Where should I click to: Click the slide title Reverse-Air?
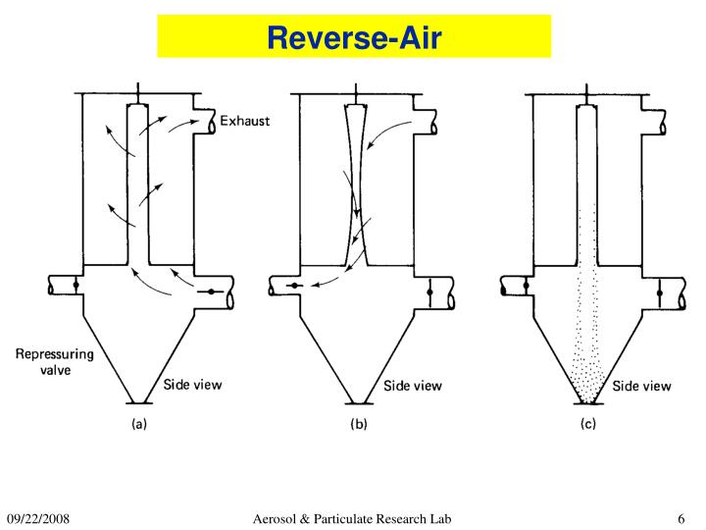[x=354, y=38]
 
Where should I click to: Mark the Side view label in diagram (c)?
[x=643, y=387]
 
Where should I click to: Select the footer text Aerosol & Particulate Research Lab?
[x=353, y=517]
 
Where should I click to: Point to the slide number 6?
[x=680, y=517]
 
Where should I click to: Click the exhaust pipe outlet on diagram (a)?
[x=215, y=122]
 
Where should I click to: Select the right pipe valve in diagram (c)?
[x=659, y=291]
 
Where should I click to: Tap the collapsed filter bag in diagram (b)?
[x=356, y=186]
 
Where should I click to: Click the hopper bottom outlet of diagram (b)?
[x=360, y=402]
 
